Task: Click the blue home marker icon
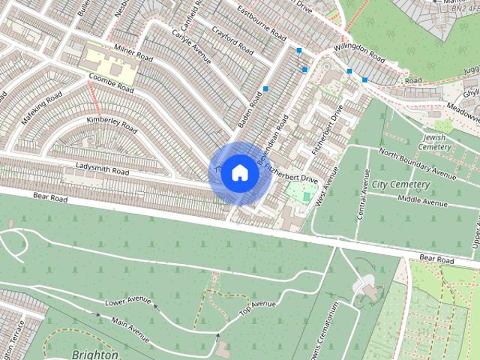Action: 238,172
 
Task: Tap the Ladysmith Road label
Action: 102,168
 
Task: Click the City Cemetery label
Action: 401,184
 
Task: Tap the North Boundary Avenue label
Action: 417,163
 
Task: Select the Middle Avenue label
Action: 421,199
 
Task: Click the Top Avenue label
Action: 257,307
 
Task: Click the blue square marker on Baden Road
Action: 265,89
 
